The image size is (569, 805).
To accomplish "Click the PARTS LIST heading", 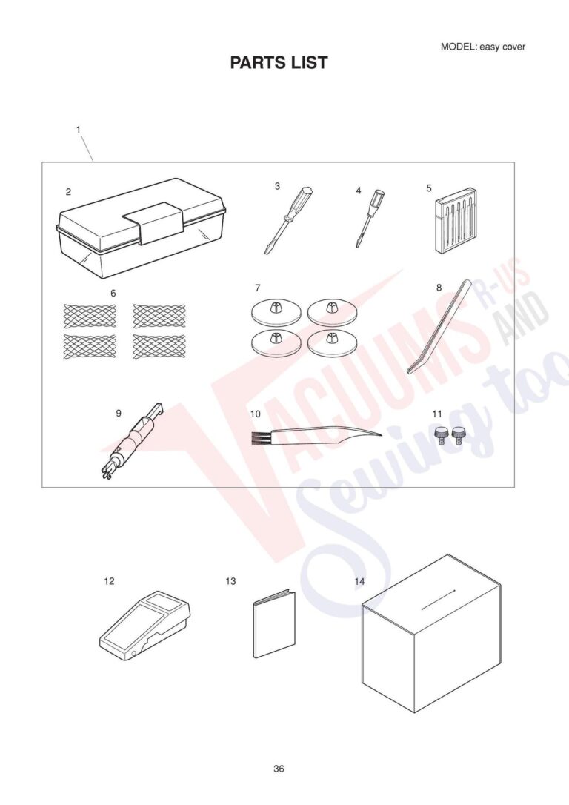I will tap(279, 63).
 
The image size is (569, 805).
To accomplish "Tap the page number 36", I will tap(279, 769).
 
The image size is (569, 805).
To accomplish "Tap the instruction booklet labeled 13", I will tap(273, 623).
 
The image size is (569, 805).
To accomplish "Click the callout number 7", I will tap(257, 287).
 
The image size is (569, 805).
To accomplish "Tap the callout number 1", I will tap(78, 130).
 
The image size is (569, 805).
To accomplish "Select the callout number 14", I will tap(359, 581).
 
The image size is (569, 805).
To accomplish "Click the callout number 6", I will tap(113, 293).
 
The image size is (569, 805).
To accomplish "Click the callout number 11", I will tap(437, 412).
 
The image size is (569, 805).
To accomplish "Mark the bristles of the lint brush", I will tap(259, 438).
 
